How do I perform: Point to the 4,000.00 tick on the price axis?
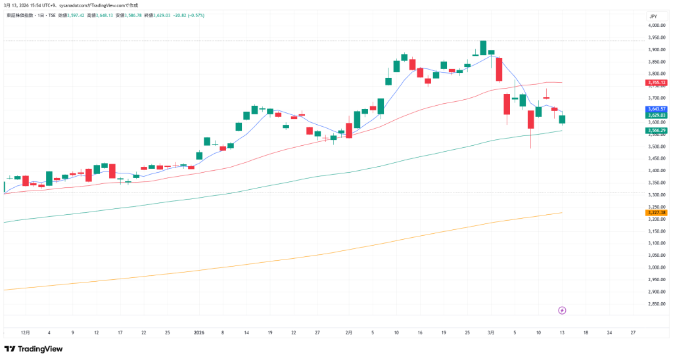pyautogui.click(x=657, y=25)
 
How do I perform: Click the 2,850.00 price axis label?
pyautogui.click(x=657, y=304)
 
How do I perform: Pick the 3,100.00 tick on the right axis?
pyautogui.click(x=657, y=243)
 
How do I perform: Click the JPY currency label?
pyautogui.click(x=653, y=16)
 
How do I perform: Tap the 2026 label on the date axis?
pyautogui.click(x=200, y=333)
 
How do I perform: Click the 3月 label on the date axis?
pyautogui.click(x=491, y=333)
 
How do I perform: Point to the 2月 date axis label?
pyautogui.click(x=349, y=333)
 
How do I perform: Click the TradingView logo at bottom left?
pyautogui.click(x=34, y=349)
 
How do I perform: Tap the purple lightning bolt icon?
pyautogui.click(x=563, y=310)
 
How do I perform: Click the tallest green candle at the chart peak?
pyautogui.click(x=483, y=48)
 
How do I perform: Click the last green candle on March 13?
pyautogui.click(x=562, y=119)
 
